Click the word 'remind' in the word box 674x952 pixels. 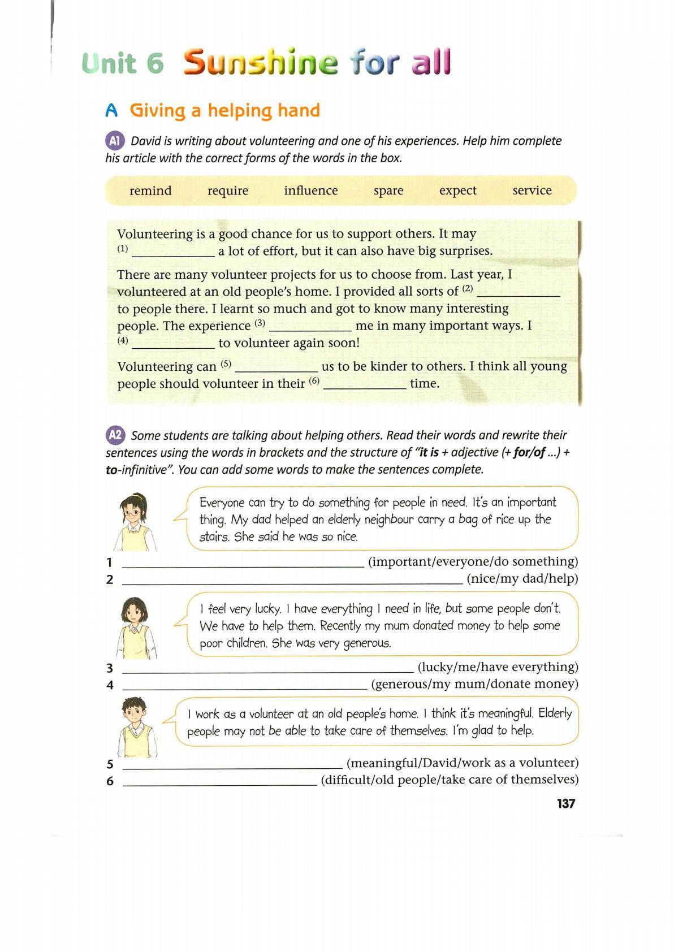(x=150, y=191)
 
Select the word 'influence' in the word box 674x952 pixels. (x=310, y=191)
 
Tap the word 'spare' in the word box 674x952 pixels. (x=388, y=191)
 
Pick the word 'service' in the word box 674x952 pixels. (x=532, y=191)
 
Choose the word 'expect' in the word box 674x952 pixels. (x=457, y=191)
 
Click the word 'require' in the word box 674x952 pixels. (x=228, y=191)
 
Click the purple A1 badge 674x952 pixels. (x=114, y=141)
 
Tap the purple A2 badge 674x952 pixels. (x=115, y=435)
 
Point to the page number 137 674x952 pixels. (x=565, y=803)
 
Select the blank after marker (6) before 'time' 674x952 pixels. (x=365, y=387)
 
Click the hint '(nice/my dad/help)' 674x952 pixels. (x=522, y=578)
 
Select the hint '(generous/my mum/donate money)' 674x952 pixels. (x=474, y=684)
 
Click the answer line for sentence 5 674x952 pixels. (x=232, y=767)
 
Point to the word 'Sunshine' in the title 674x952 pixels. (x=261, y=63)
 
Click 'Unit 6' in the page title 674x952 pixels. (x=123, y=63)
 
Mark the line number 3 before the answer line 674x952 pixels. (x=110, y=668)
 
